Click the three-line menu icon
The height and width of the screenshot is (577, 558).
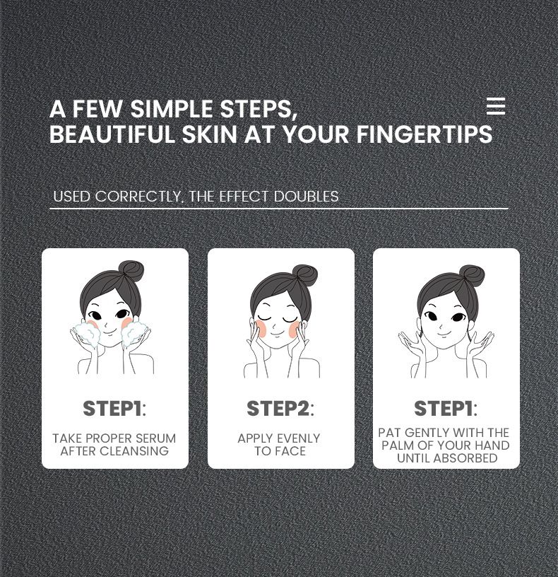coord(496,106)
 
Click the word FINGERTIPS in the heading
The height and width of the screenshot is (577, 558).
coord(425,134)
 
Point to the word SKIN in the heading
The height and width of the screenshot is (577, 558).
coord(210,134)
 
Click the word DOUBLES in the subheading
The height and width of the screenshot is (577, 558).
coord(307,197)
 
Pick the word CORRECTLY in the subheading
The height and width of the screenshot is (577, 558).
coord(138,197)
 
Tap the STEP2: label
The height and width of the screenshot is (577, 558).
coord(280,409)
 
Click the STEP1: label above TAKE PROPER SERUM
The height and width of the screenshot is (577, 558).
coord(114,409)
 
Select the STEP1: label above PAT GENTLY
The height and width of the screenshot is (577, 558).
coord(446,409)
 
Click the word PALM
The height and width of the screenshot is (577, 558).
coord(398,445)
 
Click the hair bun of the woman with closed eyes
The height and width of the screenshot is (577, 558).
coord(305,275)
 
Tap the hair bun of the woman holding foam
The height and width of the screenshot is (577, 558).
coord(131,272)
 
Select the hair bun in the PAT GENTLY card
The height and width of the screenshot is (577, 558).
coord(472,276)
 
